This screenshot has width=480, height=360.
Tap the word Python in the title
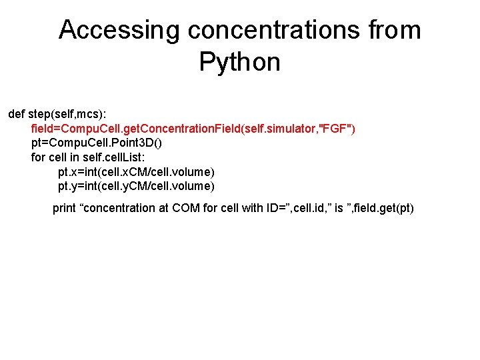tap(239, 63)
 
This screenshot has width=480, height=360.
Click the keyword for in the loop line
tap(39, 157)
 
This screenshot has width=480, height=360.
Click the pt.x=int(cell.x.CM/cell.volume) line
tap(136, 172)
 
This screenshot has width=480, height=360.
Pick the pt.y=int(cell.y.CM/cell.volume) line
tap(136, 186)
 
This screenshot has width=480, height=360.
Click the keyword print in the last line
tap(64, 208)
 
